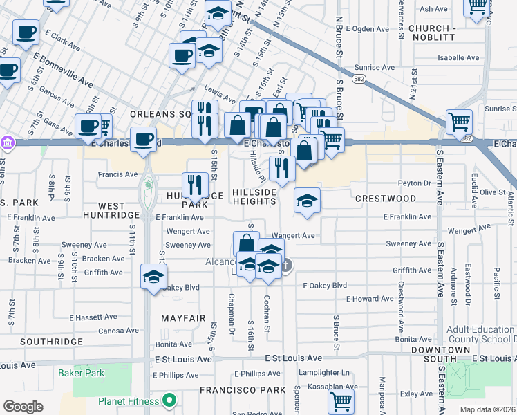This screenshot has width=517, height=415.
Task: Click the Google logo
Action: tap(23, 407)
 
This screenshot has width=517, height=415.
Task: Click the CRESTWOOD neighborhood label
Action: tap(386, 199)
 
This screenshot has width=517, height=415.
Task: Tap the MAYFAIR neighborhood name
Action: tap(183, 318)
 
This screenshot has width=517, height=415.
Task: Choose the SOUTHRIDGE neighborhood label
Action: tap(51, 342)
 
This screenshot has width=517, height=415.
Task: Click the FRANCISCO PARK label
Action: tap(243, 390)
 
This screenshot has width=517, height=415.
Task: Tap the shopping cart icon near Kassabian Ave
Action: tap(341, 400)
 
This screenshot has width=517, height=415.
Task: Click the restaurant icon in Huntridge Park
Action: tap(196, 185)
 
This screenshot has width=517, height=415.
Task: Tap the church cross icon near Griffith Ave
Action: tap(286, 264)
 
